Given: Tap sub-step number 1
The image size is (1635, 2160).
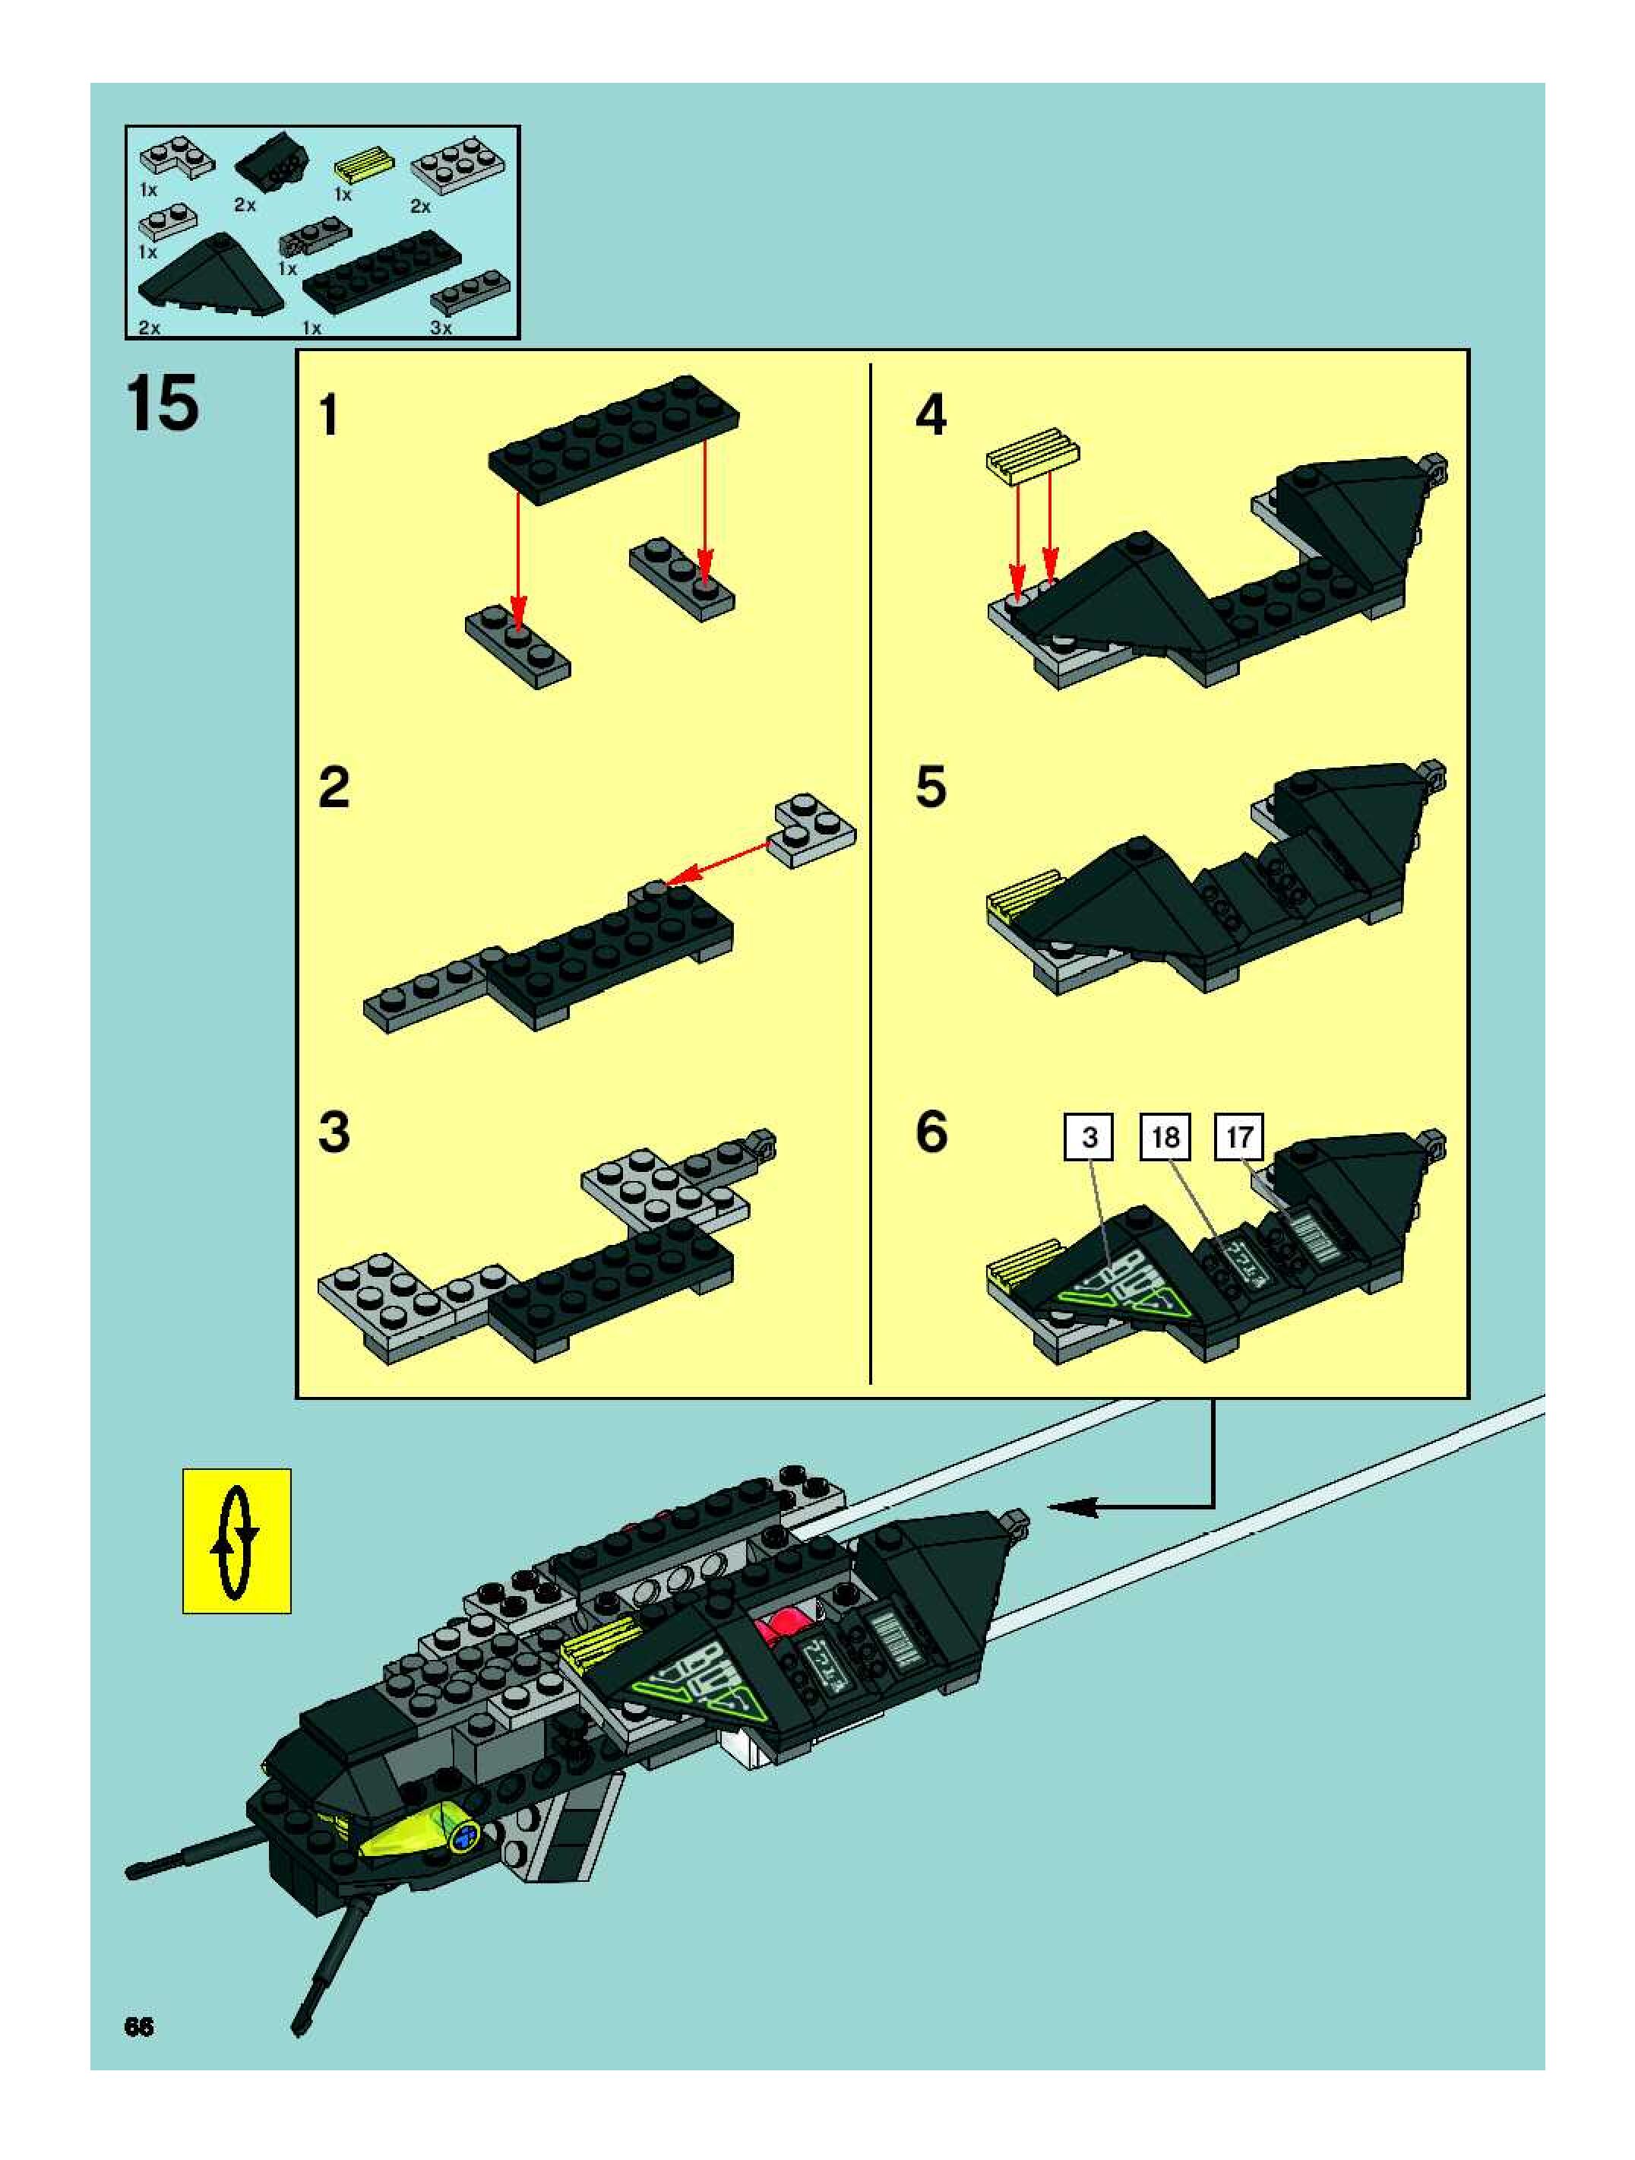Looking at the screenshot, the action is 329,415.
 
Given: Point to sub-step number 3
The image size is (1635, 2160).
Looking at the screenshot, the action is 333,1132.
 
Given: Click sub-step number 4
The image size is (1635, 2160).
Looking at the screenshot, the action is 930,415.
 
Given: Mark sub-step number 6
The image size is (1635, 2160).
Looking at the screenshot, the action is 930,1132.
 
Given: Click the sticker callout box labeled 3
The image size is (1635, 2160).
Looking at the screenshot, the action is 1089,1137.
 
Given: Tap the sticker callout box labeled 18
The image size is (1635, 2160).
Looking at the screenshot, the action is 1165,1137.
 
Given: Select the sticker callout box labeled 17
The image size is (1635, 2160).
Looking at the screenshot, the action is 1238,1137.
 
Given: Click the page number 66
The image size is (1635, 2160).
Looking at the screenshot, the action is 138,2026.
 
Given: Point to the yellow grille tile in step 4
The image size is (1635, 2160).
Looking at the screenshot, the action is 1033,452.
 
